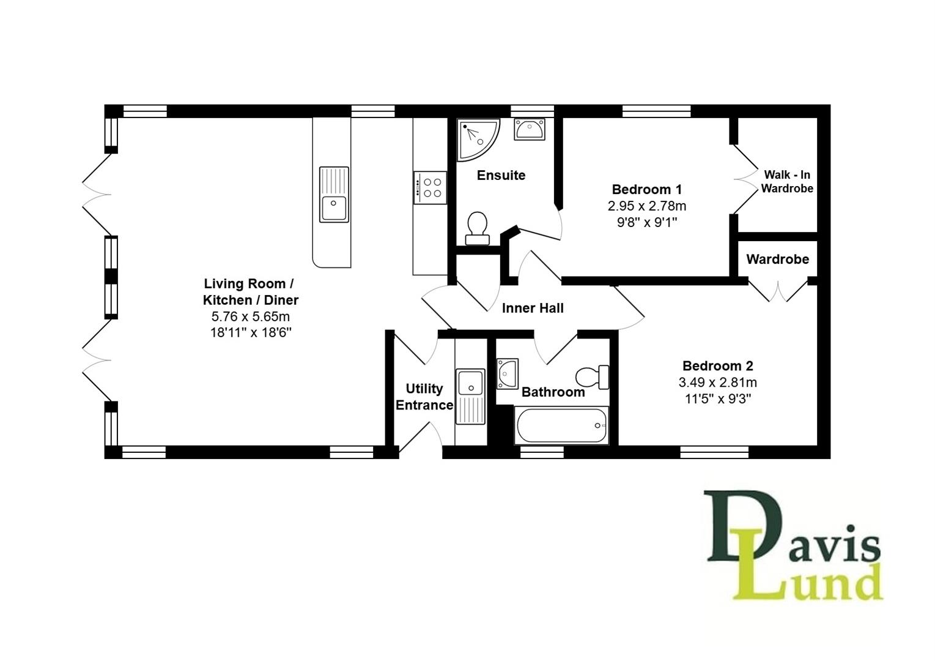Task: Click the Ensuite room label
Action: click(501, 176)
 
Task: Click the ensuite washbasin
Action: click(530, 130)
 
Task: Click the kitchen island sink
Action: click(334, 195)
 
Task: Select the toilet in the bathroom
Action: click(593, 376)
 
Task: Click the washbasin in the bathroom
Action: click(508, 373)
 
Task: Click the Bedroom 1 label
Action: click(646, 189)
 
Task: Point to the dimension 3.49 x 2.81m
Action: click(717, 383)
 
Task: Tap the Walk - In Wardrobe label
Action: click(787, 182)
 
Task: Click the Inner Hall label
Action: click(533, 308)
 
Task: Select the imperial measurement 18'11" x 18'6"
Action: click(251, 333)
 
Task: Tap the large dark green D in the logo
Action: click(731, 526)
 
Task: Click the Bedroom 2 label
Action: click(717, 366)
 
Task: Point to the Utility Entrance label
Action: click(424, 397)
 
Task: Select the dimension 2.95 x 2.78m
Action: click(646, 206)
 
